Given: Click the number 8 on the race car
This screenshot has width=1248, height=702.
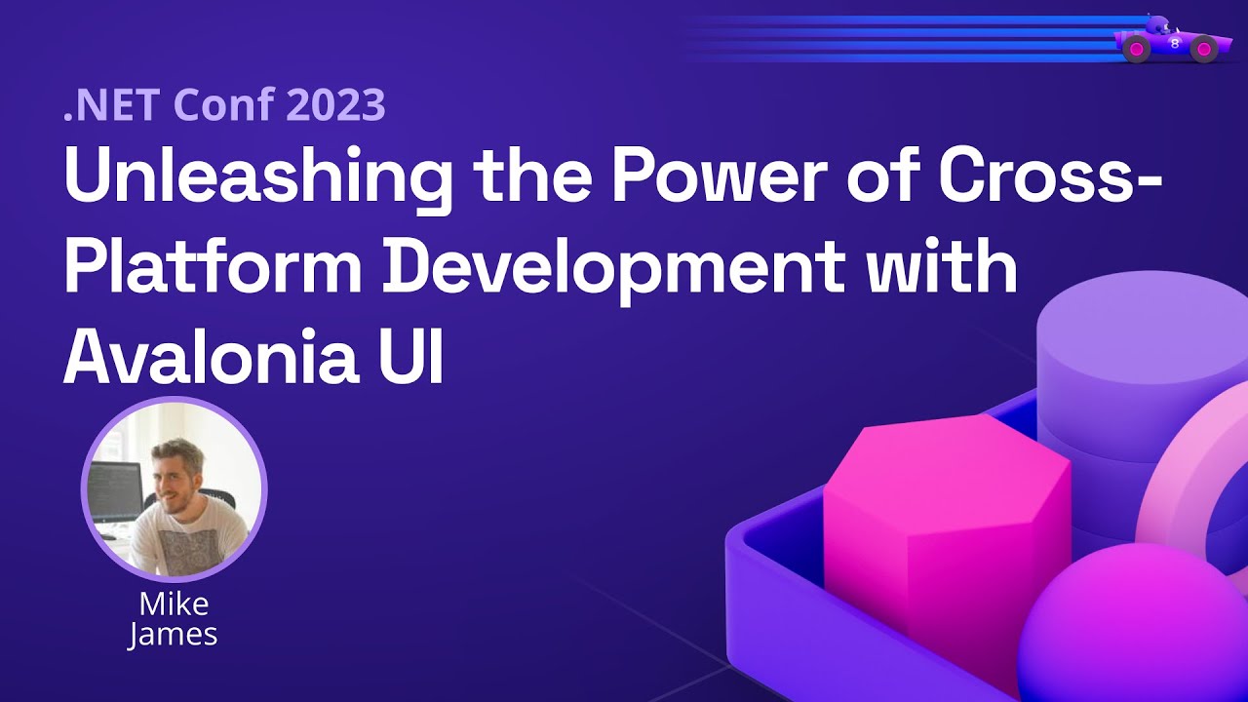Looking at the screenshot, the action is click(1175, 44).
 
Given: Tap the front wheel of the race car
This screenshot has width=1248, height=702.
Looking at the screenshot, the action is click(1203, 49).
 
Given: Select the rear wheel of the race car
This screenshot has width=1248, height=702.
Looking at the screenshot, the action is click(1137, 49).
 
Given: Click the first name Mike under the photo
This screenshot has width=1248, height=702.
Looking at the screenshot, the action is click(174, 604).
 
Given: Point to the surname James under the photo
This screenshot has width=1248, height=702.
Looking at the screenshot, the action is click(173, 635).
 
